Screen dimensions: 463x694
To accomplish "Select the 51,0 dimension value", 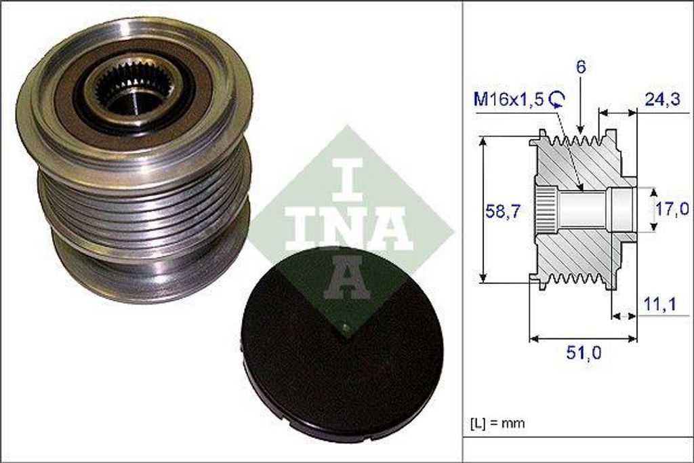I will [584, 353].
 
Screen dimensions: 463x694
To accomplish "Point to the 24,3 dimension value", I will [661, 100].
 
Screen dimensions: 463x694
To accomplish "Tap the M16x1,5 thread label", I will [509, 100].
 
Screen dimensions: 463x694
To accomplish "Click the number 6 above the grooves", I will [581, 67].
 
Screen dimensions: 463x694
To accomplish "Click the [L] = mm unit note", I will [497, 423].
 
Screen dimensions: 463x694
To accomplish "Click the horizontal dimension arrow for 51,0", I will [584, 338].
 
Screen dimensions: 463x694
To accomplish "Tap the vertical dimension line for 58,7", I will [483, 209].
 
